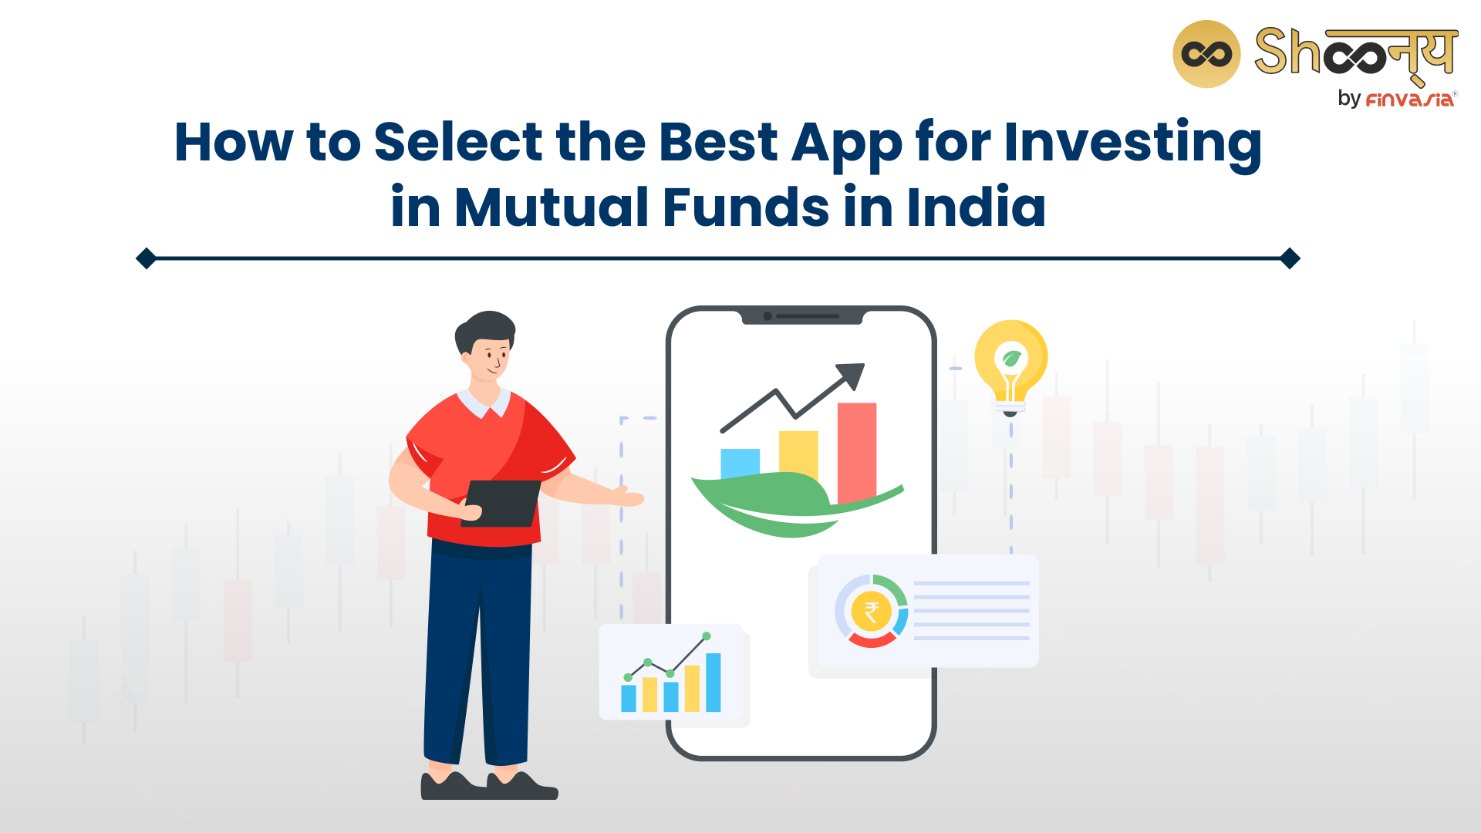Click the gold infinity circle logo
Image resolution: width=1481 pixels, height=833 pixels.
[x=1206, y=54]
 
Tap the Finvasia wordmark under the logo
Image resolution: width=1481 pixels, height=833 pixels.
[x=1410, y=99]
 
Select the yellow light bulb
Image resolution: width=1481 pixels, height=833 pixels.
[x=1010, y=367]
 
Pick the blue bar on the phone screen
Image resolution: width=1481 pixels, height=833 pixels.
[x=740, y=463]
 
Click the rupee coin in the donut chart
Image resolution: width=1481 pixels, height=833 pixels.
[x=872, y=612]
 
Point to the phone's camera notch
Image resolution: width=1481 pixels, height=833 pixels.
[x=802, y=316]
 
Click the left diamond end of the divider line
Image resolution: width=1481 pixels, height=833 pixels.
[x=146, y=258]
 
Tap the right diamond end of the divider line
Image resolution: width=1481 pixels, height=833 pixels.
[x=1290, y=258]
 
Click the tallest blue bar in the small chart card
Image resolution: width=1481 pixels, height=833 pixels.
[x=714, y=683]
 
